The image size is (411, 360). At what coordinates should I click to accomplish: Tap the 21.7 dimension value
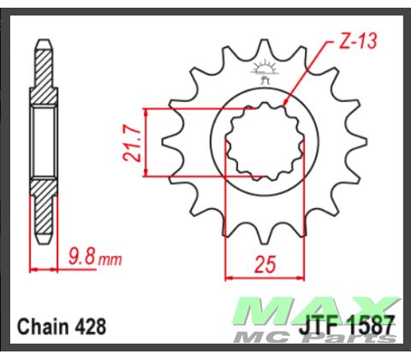131,143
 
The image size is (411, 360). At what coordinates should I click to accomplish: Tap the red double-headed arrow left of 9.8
45,267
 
